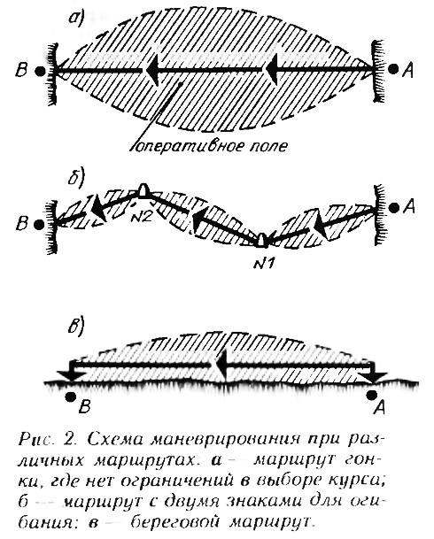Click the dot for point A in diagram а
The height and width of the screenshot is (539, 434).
click(x=393, y=69)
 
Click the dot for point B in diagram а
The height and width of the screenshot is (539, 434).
click(x=40, y=71)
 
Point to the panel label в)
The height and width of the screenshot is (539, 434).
click(x=76, y=327)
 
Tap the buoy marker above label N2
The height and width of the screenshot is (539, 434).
click(x=143, y=190)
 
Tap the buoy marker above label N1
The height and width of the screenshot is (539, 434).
click(x=262, y=240)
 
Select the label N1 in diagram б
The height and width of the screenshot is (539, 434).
click(x=263, y=263)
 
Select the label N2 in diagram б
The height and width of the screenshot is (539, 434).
click(x=141, y=217)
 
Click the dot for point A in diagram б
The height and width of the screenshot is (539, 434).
click(x=394, y=207)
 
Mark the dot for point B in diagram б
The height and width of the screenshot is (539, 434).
click(x=39, y=225)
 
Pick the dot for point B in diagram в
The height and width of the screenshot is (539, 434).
click(x=71, y=397)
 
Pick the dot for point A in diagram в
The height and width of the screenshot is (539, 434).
click(x=371, y=396)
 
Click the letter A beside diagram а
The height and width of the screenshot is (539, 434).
click(x=408, y=71)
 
